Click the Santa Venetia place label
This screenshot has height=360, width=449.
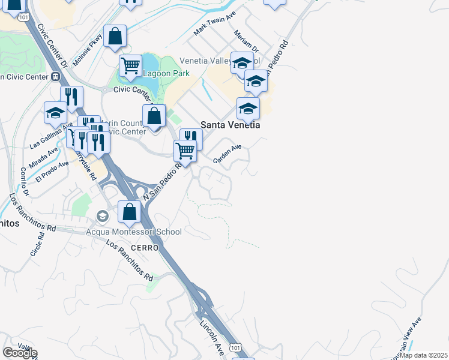pos(231,125)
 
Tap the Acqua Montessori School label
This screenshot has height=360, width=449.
pos(134,231)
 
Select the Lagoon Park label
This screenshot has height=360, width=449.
pos(166,73)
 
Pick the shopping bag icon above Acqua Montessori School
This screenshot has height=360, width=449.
pos(129,211)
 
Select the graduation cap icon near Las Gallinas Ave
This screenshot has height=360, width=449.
pos(55,112)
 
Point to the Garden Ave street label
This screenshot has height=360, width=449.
pos(228,154)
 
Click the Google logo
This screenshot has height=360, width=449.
pos(19,353)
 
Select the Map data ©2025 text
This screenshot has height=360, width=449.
pos(424,355)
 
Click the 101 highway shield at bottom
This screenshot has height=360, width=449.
pos(237,348)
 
